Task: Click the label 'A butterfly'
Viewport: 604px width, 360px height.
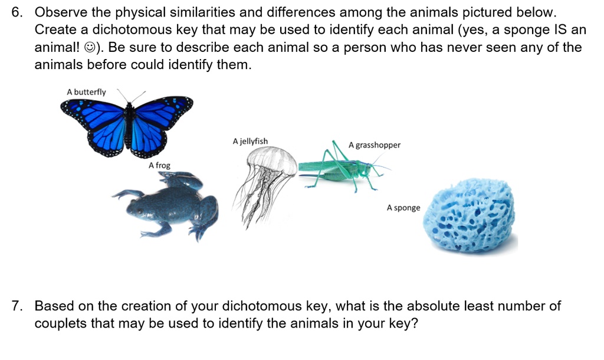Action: pos(86,92)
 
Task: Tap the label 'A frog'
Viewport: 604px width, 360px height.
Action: pos(159,166)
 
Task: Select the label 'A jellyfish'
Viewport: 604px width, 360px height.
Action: pos(250,142)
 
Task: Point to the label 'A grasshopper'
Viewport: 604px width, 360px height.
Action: pos(374,145)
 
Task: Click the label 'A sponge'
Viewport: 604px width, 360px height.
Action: pos(403,208)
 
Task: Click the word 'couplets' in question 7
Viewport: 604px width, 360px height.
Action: pos(61,323)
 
